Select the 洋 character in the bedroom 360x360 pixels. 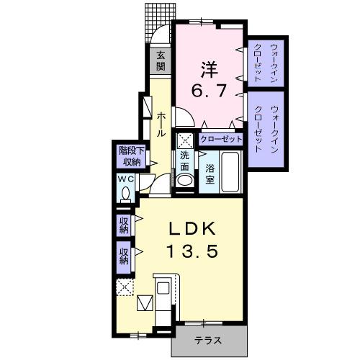(x=209, y=70)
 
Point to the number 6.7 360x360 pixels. (x=210, y=91)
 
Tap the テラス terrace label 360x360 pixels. (x=210, y=340)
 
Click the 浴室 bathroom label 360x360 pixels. (x=210, y=174)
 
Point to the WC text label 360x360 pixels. (x=124, y=180)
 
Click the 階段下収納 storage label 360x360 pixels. (x=128, y=156)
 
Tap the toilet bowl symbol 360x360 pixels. (x=126, y=193)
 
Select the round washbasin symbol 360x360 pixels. (x=185, y=181)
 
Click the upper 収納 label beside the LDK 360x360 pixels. (x=124, y=225)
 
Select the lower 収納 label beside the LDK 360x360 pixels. (x=124, y=254)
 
